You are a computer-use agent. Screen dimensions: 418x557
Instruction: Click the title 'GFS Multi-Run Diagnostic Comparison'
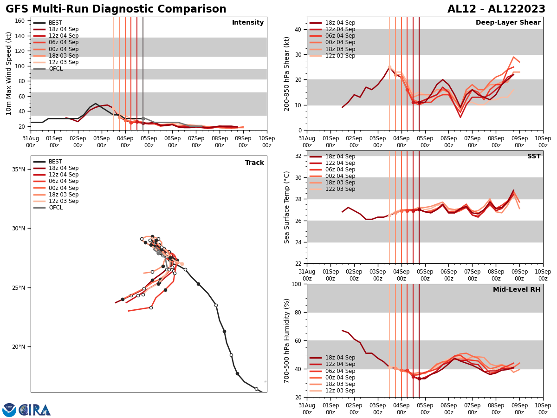pos(116,9)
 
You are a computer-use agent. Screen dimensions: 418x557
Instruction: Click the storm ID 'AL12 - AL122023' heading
pos(496,9)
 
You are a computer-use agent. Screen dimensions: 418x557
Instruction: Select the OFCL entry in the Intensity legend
pos(55,69)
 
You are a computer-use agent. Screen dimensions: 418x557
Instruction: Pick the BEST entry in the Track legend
pos(55,162)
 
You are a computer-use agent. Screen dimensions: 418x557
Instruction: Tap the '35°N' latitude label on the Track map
pos(19,169)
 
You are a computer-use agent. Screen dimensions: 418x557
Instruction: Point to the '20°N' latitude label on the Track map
pos(19,347)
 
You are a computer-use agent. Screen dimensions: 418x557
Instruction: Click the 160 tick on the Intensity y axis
pos(20,21)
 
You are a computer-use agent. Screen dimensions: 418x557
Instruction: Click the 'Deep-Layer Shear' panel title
pos(508,23)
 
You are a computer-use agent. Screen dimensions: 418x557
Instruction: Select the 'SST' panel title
pos(533,157)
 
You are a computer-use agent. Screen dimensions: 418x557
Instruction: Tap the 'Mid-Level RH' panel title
pos(517,290)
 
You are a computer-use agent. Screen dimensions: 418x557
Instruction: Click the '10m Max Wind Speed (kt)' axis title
pos(9,73)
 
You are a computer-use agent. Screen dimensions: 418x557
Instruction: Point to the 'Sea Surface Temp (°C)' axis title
pos(287,207)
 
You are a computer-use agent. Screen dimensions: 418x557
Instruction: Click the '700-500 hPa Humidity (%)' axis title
pos(287,340)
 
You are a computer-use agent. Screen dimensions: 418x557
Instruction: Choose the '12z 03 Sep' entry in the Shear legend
pos(341,56)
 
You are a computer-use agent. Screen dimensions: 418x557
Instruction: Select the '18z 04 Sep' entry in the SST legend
pos(341,157)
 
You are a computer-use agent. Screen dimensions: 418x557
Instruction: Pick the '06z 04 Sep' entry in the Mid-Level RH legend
pos(341,371)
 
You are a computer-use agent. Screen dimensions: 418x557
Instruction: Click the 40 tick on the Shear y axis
pos(297,29)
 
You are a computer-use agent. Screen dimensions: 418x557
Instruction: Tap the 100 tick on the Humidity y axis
pos(295,284)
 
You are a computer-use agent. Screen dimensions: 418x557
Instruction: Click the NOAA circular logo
pos(9,410)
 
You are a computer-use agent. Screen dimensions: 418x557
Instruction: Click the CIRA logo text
pos(35,410)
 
